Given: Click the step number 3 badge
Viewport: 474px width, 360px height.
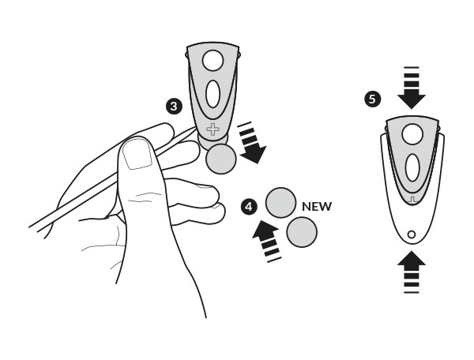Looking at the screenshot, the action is [x=174, y=107].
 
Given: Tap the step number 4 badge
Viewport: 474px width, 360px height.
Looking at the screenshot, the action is [x=249, y=207].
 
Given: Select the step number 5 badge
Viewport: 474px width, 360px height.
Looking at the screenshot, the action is [x=372, y=99].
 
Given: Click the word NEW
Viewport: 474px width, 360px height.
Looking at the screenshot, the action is [x=317, y=207].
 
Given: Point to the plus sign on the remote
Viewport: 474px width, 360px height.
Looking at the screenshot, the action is [x=213, y=129].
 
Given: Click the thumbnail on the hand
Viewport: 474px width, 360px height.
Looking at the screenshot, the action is [x=137, y=153].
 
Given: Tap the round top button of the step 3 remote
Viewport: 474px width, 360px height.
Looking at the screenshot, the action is [x=213, y=61].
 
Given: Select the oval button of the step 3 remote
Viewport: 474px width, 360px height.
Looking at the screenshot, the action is [x=213, y=94].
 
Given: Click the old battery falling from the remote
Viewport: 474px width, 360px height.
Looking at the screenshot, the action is [x=221, y=159].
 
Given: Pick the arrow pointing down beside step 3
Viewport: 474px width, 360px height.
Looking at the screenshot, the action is [x=251, y=143].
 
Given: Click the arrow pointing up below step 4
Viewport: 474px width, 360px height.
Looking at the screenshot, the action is [x=267, y=241].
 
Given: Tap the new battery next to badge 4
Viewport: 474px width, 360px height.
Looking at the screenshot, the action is [x=280, y=203].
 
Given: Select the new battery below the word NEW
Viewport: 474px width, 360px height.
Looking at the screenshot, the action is [x=302, y=232].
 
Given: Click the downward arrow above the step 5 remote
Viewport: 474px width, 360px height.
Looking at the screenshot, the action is [x=412, y=88].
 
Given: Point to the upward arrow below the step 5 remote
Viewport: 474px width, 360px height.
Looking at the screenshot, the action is [x=412, y=272].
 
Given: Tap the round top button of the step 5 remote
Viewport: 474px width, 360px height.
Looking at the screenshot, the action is [x=412, y=134].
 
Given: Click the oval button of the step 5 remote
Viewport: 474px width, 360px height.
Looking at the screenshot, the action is [x=412, y=167].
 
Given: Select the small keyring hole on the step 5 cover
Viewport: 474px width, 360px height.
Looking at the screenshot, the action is [x=412, y=234].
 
